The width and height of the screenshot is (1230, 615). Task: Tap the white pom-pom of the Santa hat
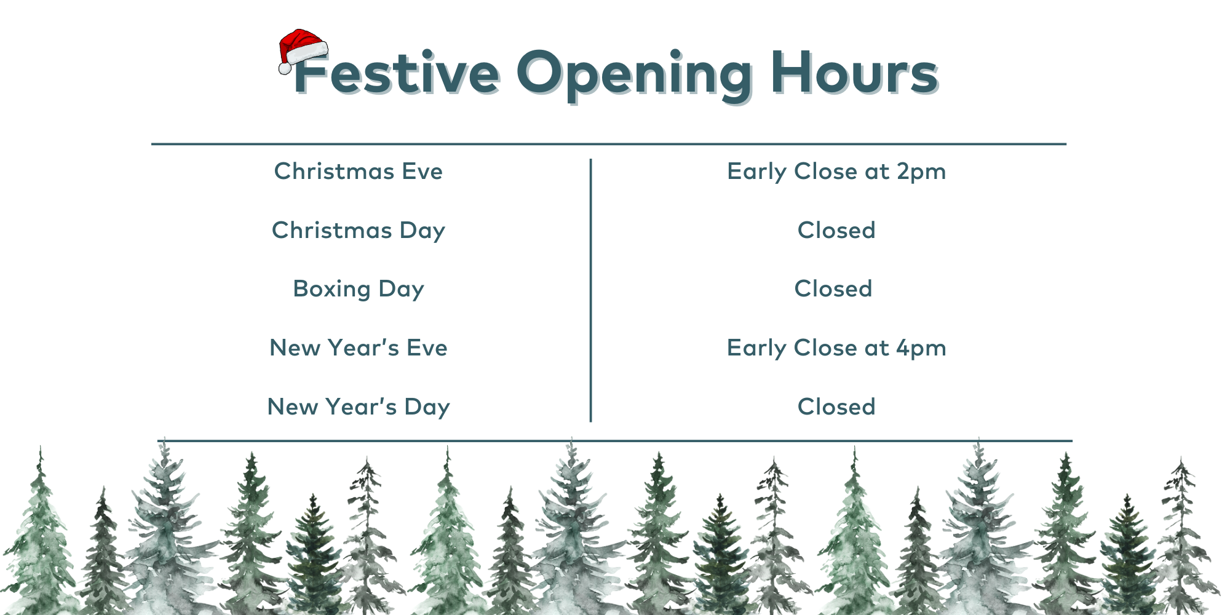tap(285, 68)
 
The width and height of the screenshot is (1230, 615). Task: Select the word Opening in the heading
tap(634, 76)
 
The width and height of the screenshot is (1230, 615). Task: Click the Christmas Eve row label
tap(359, 171)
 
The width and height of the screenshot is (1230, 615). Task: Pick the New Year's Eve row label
tap(359, 348)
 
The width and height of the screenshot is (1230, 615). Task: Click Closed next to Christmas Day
tap(836, 230)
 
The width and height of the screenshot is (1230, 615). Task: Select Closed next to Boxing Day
tap(833, 288)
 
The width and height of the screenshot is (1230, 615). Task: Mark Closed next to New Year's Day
tap(836, 407)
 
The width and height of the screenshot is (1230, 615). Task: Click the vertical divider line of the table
tap(590, 290)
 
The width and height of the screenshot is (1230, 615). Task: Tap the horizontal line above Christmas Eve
tap(609, 144)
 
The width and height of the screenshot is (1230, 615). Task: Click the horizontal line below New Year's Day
tap(615, 441)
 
